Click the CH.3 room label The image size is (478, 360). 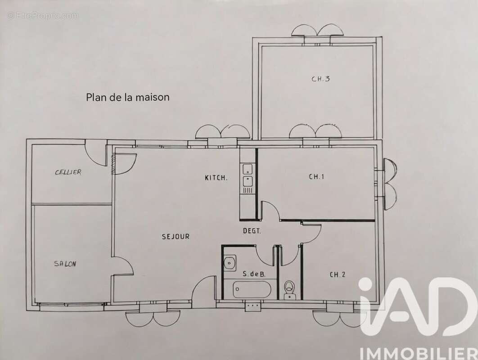(321, 79)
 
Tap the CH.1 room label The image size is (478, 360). (316, 177)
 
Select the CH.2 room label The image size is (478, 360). (338, 274)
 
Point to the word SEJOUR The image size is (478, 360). (176, 236)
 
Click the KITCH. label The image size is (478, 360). (216, 178)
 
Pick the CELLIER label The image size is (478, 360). (68, 172)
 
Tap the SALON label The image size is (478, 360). (65, 264)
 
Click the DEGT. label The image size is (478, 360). (252, 231)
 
